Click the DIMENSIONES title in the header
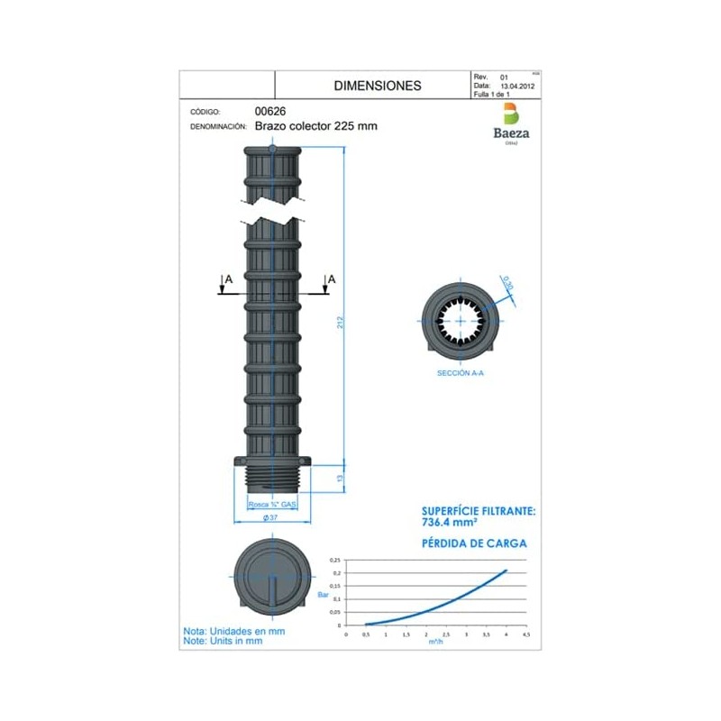377,87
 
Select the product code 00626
270,111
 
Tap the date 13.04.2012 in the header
518,86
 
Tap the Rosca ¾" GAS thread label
273,506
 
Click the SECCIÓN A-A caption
461,371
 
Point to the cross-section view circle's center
461,320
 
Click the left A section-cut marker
227,280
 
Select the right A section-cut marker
332,280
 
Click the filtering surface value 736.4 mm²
450,522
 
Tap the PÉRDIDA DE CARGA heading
474,543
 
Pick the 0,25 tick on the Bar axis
335,560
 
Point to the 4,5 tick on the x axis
526,634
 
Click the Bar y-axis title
324,594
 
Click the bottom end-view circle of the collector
272,577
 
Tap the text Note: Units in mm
223,642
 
